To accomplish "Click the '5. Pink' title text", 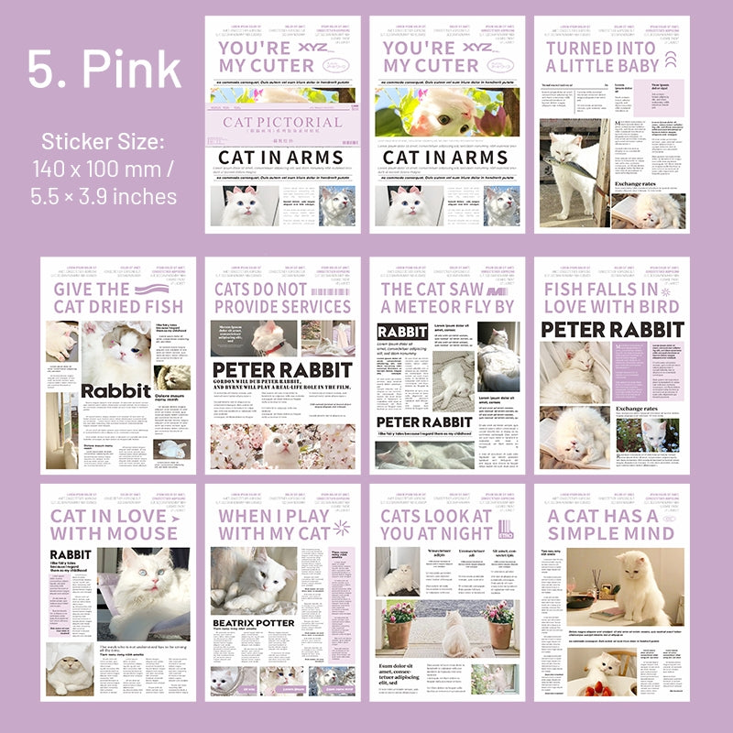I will coord(104,69).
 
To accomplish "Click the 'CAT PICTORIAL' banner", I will coord(282,122).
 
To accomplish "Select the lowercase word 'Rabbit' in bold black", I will coord(115,391).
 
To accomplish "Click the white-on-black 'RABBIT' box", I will coord(402,331).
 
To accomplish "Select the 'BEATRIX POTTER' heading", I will coord(254,623).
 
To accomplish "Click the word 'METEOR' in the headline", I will coord(424,306).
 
